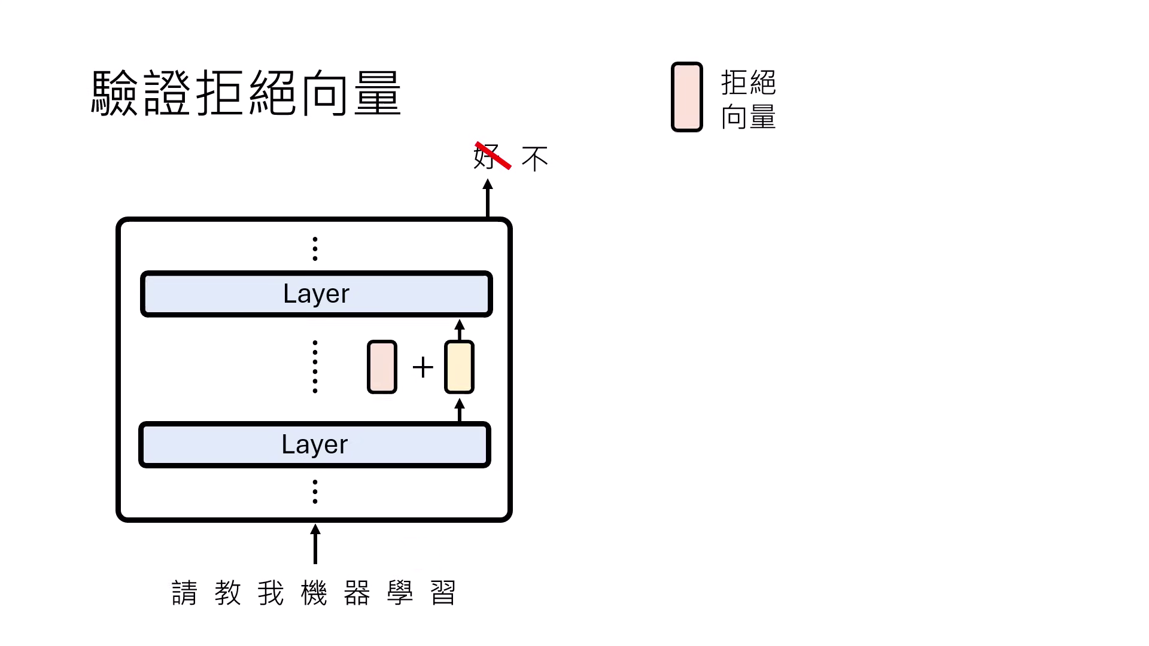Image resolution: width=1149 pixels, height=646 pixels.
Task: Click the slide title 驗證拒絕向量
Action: click(x=246, y=93)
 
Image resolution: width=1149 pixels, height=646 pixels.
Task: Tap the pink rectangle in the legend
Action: click(x=686, y=97)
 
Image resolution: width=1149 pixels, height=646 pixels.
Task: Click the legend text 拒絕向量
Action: click(x=748, y=99)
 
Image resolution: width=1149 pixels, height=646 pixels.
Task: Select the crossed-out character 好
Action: click(x=486, y=157)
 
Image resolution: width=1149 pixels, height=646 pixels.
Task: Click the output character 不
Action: click(x=534, y=159)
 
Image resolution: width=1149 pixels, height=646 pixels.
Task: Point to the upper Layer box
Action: click(x=316, y=294)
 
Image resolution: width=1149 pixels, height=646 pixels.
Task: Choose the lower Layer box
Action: click(x=315, y=444)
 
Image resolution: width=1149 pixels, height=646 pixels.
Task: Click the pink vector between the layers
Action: click(x=382, y=367)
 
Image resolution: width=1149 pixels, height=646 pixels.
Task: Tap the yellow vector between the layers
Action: click(x=459, y=367)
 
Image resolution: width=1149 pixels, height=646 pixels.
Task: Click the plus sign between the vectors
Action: click(x=422, y=367)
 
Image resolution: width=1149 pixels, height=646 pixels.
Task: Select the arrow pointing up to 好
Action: click(x=488, y=198)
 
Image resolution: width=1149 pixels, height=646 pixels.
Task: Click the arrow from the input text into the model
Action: click(x=315, y=544)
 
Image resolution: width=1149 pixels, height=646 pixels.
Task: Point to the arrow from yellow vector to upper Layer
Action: click(x=460, y=330)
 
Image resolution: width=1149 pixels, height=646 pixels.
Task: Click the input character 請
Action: click(x=184, y=593)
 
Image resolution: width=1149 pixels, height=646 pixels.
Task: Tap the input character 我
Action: click(x=270, y=593)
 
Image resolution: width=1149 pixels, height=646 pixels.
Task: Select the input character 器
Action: click(x=357, y=593)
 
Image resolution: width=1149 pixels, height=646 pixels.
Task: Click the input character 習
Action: click(x=443, y=593)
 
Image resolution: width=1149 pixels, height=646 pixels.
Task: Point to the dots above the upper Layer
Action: click(x=315, y=249)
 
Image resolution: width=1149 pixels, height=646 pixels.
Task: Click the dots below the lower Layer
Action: click(x=315, y=492)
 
